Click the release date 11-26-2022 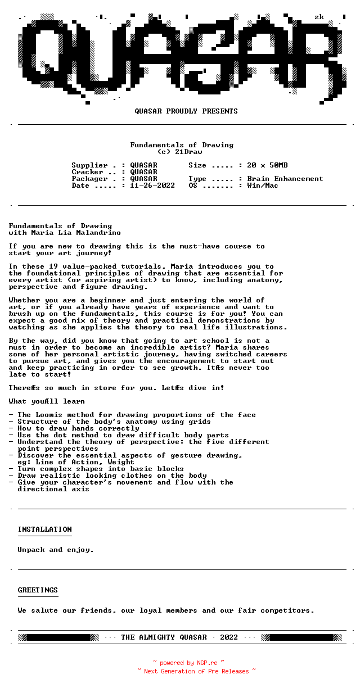click(152, 185)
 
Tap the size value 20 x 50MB click(267, 165)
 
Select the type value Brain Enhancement click(285, 179)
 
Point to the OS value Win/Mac click(263, 185)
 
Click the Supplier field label click(89, 165)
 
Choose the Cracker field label click(87, 172)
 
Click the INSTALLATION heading click(44, 529)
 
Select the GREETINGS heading click(38, 590)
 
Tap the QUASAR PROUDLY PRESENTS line click(186, 111)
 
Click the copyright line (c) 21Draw click(179, 152)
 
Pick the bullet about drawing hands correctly click(78, 428)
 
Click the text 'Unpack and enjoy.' click(56, 550)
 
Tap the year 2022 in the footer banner click(229, 637)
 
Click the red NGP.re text click(206, 663)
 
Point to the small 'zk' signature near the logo click(319, 17)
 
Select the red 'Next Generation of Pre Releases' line click(196, 671)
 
